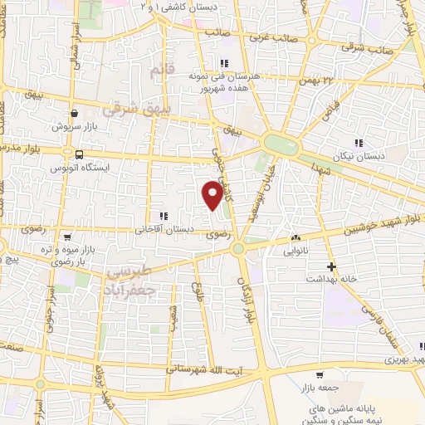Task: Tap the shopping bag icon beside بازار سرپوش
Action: pyautogui.click(x=76, y=114)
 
